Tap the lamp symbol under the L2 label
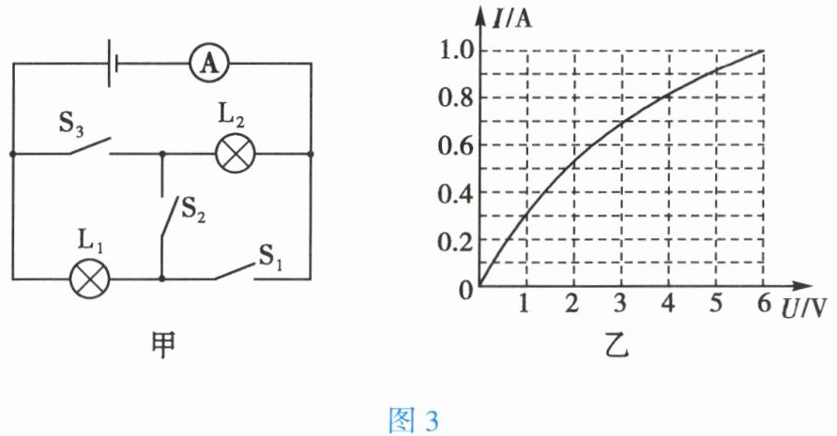[233, 153]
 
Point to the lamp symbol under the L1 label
[91, 278]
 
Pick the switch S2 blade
[170, 219]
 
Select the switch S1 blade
[235, 270]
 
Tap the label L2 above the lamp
[232, 120]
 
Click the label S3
[72, 122]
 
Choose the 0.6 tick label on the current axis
[456, 146]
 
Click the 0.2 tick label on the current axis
[456, 242]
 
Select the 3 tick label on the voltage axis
[619, 305]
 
